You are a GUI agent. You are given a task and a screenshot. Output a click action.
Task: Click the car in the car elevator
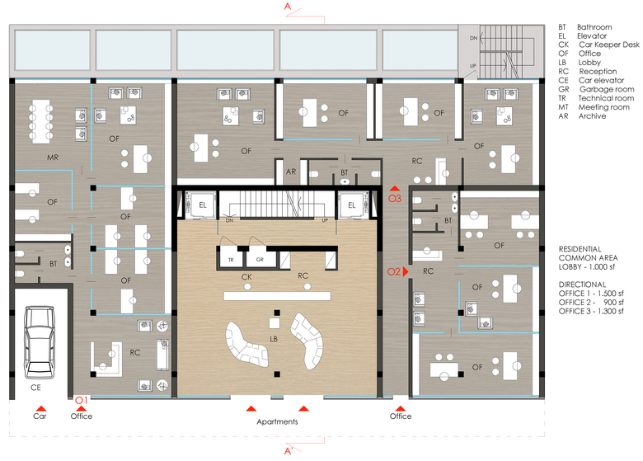coord(40,342)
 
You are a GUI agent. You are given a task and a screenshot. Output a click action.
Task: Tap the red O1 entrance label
coord(81,400)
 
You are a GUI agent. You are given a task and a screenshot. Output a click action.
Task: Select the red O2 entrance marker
coord(398,271)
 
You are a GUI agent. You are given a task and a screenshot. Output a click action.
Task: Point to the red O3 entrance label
coord(395,199)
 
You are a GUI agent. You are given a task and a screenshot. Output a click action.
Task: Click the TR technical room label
coord(231,260)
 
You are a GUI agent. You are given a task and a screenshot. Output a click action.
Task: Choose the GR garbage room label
coord(260,260)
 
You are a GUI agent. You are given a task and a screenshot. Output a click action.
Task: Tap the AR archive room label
coord(291,172)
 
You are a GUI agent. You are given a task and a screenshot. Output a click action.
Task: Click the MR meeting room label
coord(53,157)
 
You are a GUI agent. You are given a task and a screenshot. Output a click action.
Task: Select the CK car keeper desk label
coord(246,277)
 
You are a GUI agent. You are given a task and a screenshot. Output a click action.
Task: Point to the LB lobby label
coord(274,339)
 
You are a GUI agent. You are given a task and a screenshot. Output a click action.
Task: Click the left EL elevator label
coord(203,205)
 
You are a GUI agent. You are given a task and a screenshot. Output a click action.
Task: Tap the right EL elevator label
coord(352,205)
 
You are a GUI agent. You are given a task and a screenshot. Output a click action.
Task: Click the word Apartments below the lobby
coord(277,421)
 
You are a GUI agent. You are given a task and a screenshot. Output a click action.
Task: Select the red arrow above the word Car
coord(40,408)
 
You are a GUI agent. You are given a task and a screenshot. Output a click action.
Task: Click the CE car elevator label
coord(35,387)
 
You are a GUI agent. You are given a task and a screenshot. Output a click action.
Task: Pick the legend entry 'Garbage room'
coord(607,89)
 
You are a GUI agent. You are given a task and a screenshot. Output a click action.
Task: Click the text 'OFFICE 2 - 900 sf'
coord(591,303)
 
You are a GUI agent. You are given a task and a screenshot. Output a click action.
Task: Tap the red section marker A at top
coord(288,6)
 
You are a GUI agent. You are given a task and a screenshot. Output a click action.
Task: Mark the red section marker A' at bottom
coord(289,451)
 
